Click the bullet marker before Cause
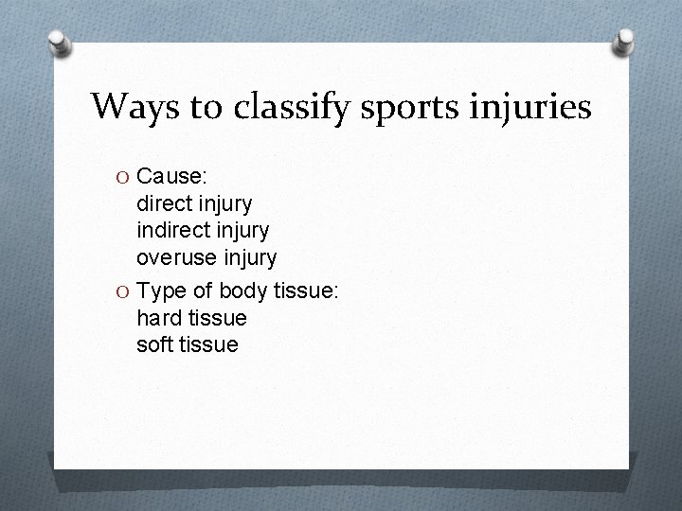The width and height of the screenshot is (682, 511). click(x=123, y=176)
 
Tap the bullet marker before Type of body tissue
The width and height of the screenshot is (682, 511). click(x=123, y=290)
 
